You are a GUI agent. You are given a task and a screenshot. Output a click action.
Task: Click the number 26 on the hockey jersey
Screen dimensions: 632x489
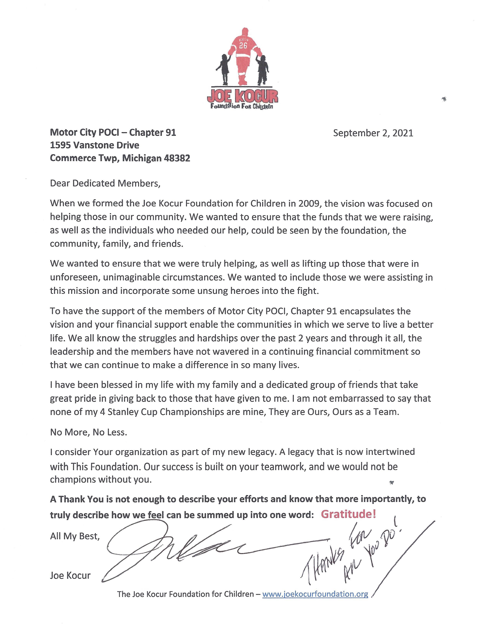point(243,46)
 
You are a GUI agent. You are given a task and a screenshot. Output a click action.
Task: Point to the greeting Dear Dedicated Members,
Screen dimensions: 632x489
point(105,183)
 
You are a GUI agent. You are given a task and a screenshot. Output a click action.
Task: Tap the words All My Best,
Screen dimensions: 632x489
point(75,536)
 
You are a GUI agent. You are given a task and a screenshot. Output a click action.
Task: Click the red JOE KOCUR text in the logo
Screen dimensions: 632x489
point(242,96)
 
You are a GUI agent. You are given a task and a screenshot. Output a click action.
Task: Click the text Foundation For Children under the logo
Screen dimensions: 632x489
point(242,107)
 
